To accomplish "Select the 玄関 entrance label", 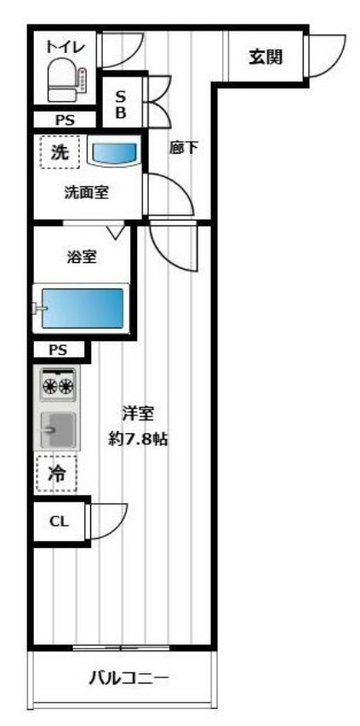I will click(x=266, y=57).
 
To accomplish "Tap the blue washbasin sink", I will click(x=113, y=154).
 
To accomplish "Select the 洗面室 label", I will click(x=86, y=192).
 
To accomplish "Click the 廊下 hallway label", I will click(x=184, y=148).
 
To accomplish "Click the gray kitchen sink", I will click(x=56, y=430).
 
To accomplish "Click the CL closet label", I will click(x=58, y=523).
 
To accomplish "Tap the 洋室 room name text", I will click(x=136, y=414).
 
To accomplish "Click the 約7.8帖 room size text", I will click(x=136, y=440).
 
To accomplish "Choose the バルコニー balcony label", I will click(x=129, y=678).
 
